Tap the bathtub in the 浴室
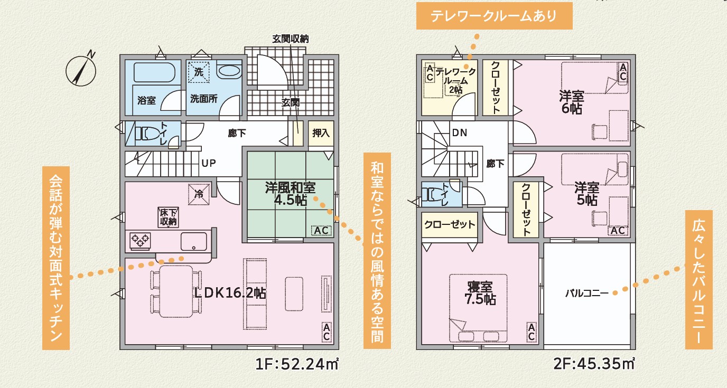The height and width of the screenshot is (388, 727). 154,72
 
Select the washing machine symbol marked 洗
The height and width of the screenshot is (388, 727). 198,72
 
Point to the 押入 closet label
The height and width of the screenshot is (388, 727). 321,133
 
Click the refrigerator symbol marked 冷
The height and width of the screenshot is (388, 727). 199,194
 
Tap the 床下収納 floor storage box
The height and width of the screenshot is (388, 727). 168,217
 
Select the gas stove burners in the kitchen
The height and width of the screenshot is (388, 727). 140,241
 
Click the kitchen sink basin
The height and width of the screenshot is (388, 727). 194,241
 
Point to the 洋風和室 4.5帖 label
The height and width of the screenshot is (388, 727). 290,194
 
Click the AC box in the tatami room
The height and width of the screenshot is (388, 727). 321,231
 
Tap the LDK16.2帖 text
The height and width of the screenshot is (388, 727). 230,293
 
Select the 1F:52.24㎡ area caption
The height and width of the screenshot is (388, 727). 297,364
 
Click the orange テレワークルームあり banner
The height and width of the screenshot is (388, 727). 495,16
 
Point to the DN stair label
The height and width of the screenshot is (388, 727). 460,133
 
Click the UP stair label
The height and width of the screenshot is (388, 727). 208,163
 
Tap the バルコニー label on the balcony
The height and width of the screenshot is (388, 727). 587,294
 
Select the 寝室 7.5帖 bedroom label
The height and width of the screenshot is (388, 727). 480,294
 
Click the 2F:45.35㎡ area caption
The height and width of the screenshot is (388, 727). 594,364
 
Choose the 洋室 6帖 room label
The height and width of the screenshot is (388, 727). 572,102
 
